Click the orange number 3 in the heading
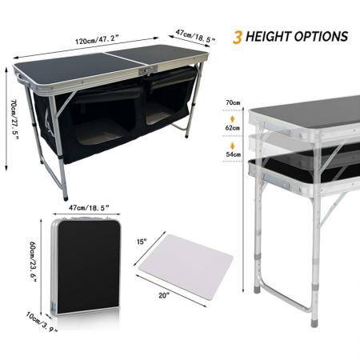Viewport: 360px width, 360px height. [238, 37]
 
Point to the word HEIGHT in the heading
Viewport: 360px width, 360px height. [271, 37]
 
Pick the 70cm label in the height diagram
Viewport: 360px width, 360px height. [234, 102]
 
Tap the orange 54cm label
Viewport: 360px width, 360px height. [234, 154]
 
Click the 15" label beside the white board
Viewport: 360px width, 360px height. [142, 241]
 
